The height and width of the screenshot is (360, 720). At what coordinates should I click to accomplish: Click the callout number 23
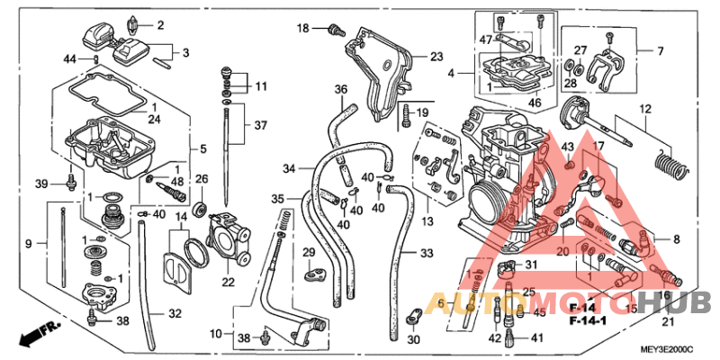tap(436, 56)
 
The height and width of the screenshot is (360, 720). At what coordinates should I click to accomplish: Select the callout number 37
tap(261, 124)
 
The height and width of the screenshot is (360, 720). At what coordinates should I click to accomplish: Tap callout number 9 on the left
tap(28, 244)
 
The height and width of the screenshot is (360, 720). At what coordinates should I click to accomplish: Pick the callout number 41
tap(536, 337)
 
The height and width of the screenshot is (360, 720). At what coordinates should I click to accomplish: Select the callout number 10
tap(215, 334)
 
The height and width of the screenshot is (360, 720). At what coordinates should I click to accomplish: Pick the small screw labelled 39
tap(69, 184)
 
